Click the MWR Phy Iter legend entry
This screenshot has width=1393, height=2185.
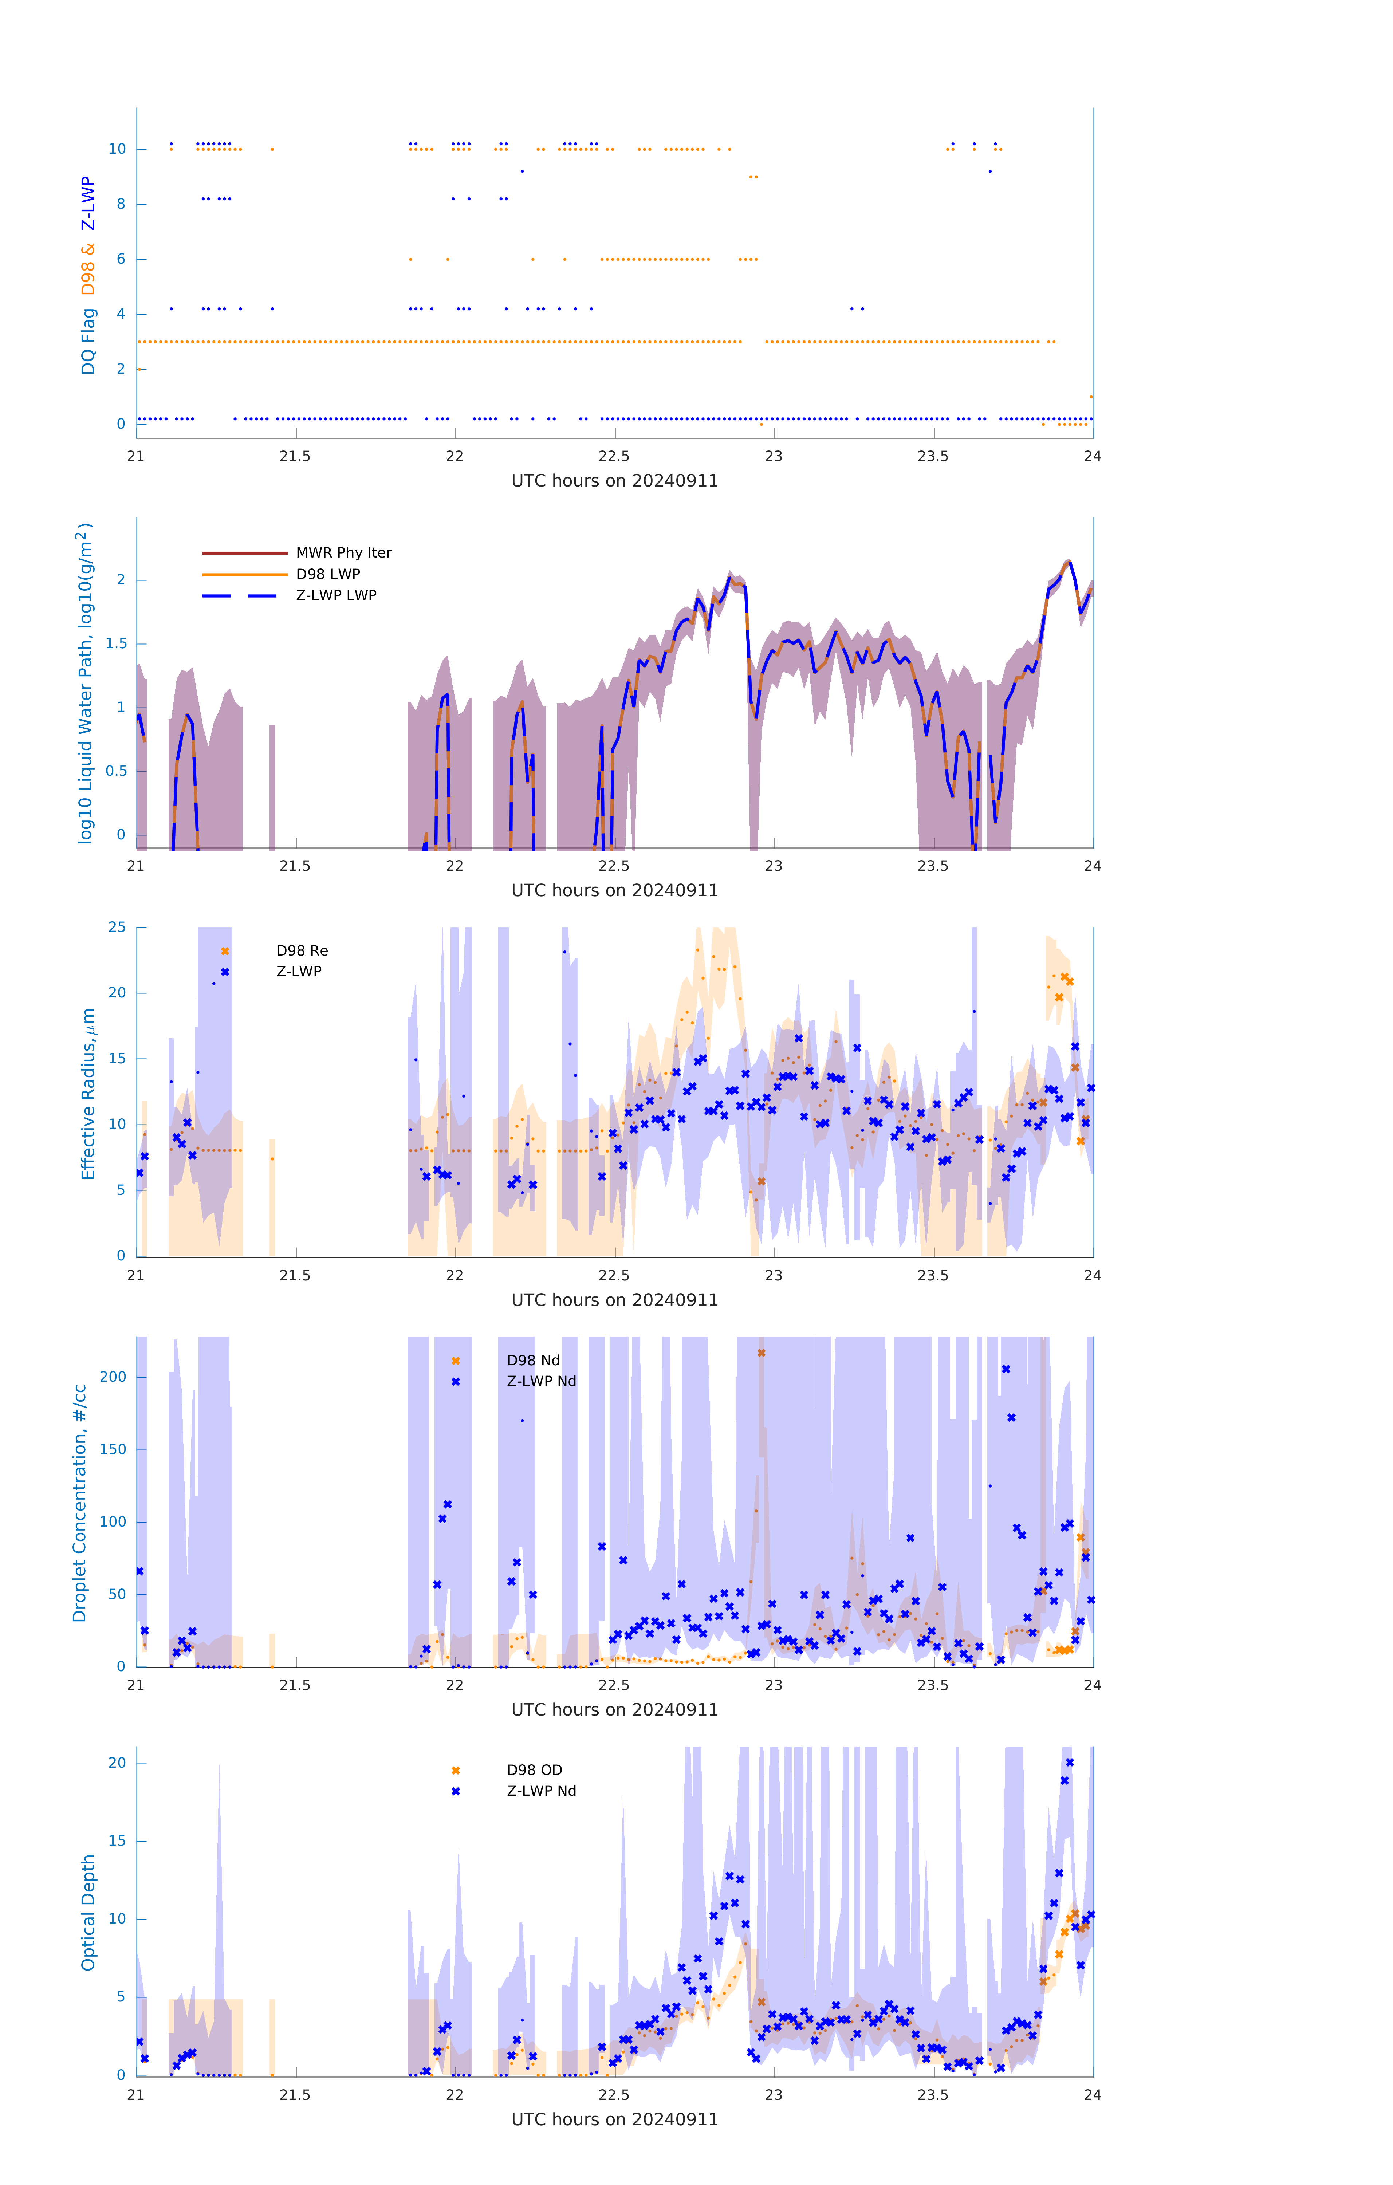coord(343,552)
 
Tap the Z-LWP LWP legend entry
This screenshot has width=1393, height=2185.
coord(336,595)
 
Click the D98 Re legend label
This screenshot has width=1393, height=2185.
coord(302,951)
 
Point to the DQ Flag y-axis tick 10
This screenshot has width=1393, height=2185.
coord(117,149)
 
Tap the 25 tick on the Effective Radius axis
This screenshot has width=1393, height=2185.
coord(117,928)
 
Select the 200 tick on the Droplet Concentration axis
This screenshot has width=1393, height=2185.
coord(113,1377)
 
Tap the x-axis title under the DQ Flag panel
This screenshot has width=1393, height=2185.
coord(614,481)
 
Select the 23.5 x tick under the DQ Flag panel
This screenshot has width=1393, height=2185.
coord(933,456)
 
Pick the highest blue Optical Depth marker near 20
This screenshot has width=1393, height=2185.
coord(1070,1762)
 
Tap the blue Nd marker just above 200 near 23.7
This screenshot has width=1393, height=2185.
coord(1006,1369)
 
